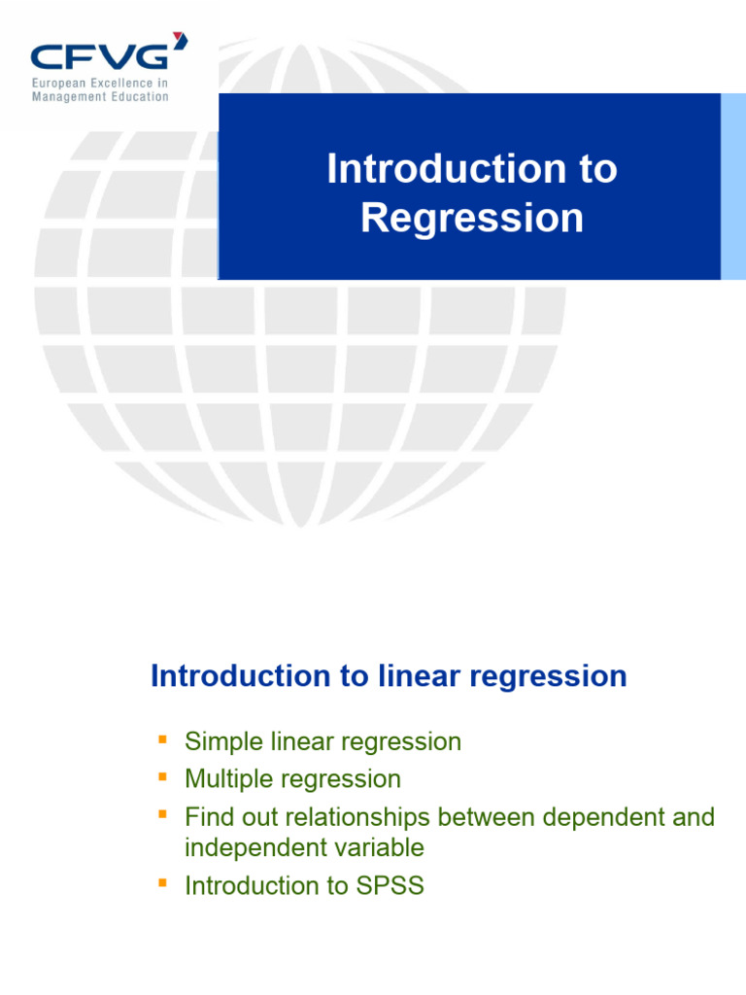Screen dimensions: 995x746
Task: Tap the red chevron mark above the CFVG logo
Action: (x=179, y=40)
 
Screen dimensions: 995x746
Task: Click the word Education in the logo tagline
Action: (x=137, y=97)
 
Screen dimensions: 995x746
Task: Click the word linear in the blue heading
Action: (x=418, y=676)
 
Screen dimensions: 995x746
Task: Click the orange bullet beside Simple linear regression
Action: (x=161, y=740)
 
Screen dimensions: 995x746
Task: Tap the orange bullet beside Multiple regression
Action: (x=161, y=777)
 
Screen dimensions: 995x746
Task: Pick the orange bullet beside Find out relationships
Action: (x=161, y=815)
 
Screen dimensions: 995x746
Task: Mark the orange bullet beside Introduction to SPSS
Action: (x=161, y=883)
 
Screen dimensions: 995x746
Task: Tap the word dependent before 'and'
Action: (x=599, y=817)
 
